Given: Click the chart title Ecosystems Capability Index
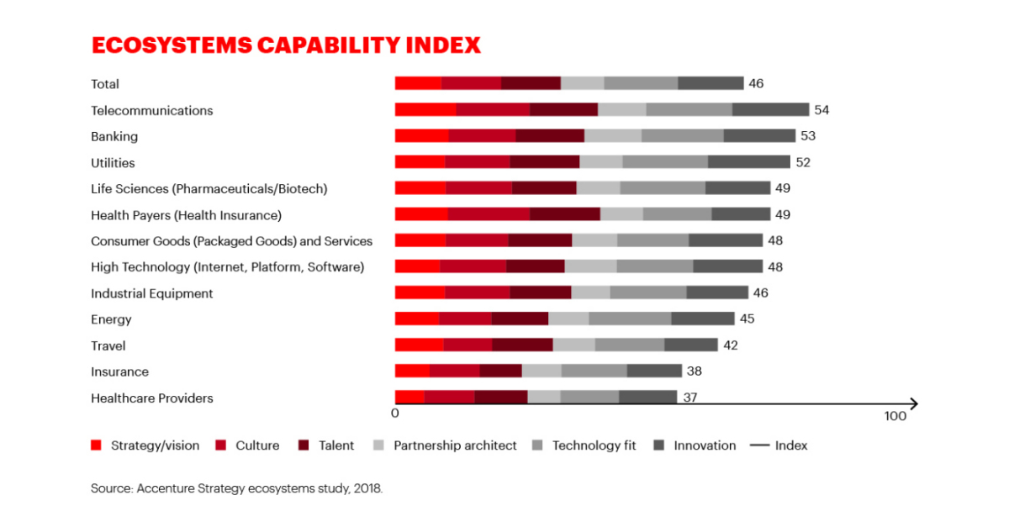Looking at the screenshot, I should pos(286,45).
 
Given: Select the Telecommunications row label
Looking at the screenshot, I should pos(152,110).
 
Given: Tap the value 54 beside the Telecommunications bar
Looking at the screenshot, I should pos(821,110).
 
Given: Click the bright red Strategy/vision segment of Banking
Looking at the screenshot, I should pos(421,136).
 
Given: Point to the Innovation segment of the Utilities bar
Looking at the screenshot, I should pos(748,162).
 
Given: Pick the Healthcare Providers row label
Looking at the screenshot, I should pos(152,398).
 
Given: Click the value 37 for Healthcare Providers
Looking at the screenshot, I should pos(689,398).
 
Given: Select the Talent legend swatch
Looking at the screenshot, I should pos(305,445).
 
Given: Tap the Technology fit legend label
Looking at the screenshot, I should pos(594,445).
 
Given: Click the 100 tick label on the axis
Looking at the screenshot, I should pos(895,417).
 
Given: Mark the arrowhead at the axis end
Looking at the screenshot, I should pos(914,404).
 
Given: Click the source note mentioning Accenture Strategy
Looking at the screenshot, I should pos(236,487).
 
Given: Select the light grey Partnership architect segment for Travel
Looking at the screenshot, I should pos(573,345).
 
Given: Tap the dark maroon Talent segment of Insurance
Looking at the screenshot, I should pos(500,372).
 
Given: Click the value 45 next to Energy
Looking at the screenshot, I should pos(747,319).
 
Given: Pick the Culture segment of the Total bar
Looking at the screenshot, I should pos(471,83).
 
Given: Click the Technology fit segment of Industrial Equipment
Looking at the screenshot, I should pos(647,293).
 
